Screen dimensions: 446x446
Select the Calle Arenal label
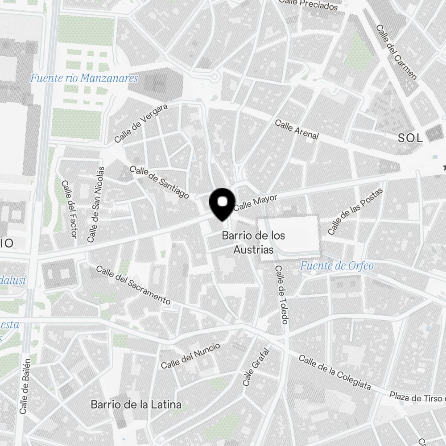coord(297,129)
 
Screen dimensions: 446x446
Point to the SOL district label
coord(410,138)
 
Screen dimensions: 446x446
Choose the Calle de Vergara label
coord(140,124)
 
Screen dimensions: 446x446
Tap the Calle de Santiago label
coord(159,182)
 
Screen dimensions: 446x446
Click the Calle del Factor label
coord(70,209)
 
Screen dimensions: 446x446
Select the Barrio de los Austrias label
coord(253,243)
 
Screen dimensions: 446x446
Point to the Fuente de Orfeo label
coord(337,266)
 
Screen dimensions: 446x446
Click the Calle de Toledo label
coord(282,295)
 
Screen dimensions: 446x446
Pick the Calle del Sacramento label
coord(133,285)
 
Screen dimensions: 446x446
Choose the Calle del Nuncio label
coord(190,355)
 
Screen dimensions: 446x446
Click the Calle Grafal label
coord(251,367)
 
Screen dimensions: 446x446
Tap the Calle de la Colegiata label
coord(334,372)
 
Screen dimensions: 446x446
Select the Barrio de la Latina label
coord(136,405)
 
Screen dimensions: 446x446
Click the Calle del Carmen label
coord(396,52)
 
